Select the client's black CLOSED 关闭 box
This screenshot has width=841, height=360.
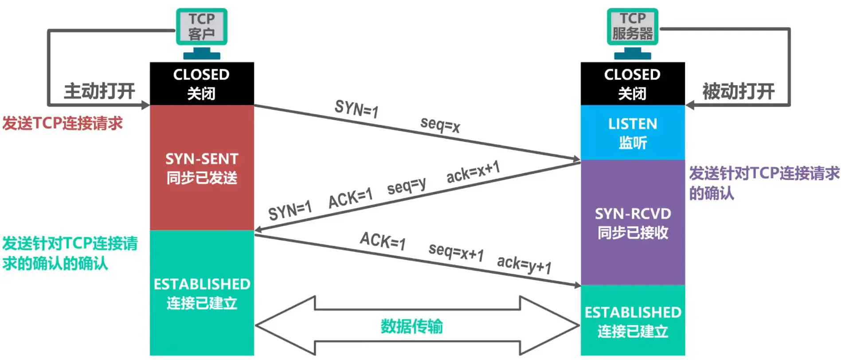[202, 83]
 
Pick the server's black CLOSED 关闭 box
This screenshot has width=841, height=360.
[633, 83]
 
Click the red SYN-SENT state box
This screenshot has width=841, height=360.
[202, 168]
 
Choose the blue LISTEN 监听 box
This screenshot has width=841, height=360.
[633, 132]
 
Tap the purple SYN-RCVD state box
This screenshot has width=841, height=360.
[633, 223]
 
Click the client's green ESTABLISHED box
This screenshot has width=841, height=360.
[202, 293]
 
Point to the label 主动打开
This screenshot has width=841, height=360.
[99, 91]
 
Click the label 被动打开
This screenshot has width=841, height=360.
[738, 91]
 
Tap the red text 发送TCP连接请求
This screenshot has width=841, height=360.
[63, 123]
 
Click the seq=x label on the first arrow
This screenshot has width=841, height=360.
[440, 125]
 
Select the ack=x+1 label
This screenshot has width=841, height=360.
[473, 172]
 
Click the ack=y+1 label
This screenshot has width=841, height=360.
[524, 265]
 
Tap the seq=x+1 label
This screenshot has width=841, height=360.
[456, 252]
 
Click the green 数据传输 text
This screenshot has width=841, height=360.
[412, 326]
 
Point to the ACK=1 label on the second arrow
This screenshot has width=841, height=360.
[350, 198]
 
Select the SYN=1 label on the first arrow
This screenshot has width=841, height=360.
[356, 109]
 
